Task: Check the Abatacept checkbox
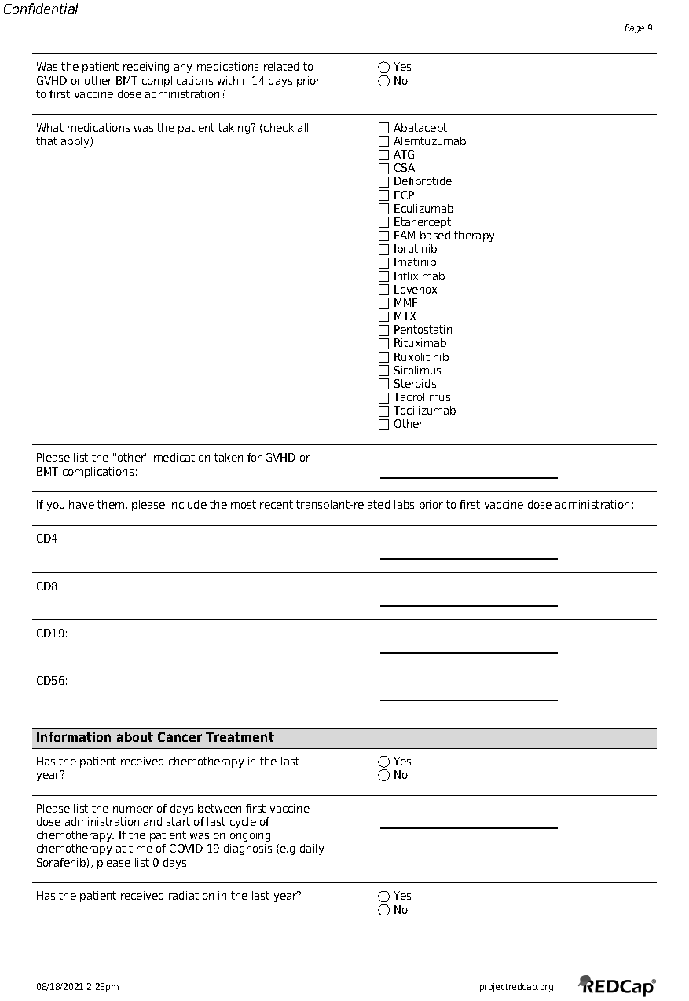pyautogui.click(x=384, y=128)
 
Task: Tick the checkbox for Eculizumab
pyautogui.click(x=384, y=209)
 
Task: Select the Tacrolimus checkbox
pyautogui.click(x=384, y=397)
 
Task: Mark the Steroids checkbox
pyautogui.click(x=384, y=384)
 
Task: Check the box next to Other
pyautogui.click(x=384, y=425)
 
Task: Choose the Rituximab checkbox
pyautogui.click(x=384, y=344)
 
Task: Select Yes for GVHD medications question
pyautogui.click(x=384, y=68)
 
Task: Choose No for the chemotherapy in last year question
pyautogui.click(x=384, y=776)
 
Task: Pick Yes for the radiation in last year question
pyautogui.click(x=384, y=897)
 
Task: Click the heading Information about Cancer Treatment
pyautogui.click(x=155, y=738)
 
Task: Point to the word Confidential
pyautogui.click(x=41, y=10)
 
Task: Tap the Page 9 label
pyautogui.click(x=638, y=28)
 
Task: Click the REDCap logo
pyautogui.click(x=618, y=985)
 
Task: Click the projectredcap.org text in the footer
pyautogui.click(x=516, y=987)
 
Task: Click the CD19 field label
pyautogui.click(x=52, y=634)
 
